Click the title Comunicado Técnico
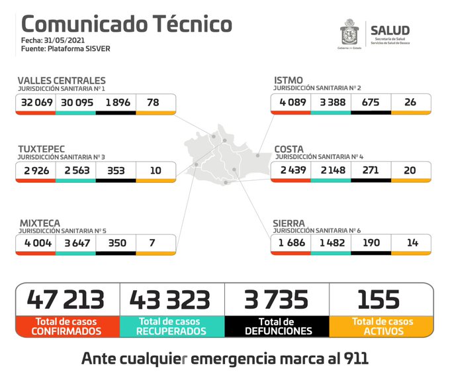[x=127, y=24]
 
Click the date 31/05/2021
[x=65, y=40]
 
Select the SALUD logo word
[x=390, y=30]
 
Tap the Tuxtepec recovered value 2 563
[x=75, y=170]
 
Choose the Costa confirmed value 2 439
[x=291, y=170]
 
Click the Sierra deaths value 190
[x=370, y=243]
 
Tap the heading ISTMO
[x=289, y=80]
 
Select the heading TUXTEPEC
[x=43, y=149]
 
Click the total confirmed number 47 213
[x=66, y=299]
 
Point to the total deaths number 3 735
[x=277, y=299]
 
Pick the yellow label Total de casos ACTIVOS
[x=382, y=326]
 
